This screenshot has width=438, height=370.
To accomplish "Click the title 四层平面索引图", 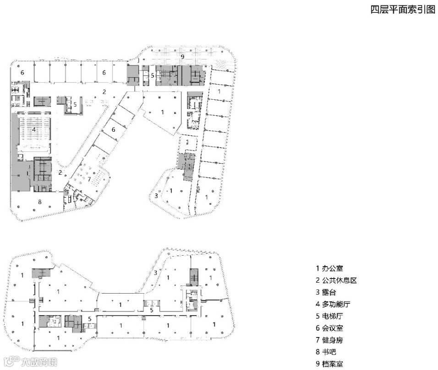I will point(403,10).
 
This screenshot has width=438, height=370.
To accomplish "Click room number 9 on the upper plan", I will point(182,57).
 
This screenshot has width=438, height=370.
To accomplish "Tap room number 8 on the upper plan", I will point(40,202).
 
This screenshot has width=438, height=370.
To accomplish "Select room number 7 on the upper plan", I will point(89,179).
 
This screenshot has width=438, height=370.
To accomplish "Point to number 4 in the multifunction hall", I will point(34,129).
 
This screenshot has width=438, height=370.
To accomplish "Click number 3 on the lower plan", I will point(156,273).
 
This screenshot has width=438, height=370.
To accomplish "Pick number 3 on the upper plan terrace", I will point(156,195).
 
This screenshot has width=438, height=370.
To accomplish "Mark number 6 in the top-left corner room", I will point(22,73).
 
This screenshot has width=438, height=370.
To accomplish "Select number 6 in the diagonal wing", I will point(113,129).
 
